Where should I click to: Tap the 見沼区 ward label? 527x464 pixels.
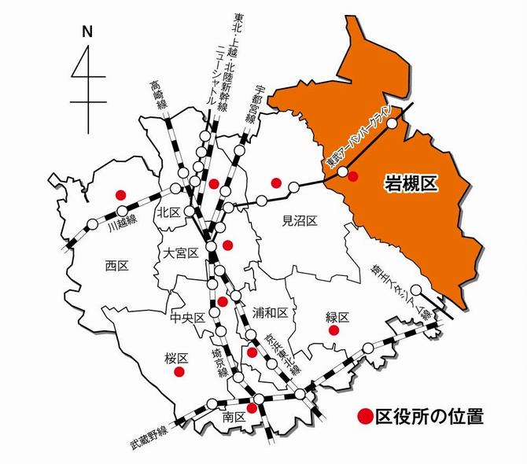[299, 222]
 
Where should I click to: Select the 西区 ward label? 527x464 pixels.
[116, 266]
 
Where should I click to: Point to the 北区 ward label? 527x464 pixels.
[168, 212]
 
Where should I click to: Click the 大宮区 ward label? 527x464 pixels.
[179, 253]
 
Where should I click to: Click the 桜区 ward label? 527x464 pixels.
[178, 356]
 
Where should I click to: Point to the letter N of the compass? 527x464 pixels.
[87, 32]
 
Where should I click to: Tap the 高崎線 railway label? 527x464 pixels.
[157, 98]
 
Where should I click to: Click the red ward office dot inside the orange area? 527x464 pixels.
[352, 176]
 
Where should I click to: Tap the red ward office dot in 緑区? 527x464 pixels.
[334, 331]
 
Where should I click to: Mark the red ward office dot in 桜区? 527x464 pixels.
[179, 371]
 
